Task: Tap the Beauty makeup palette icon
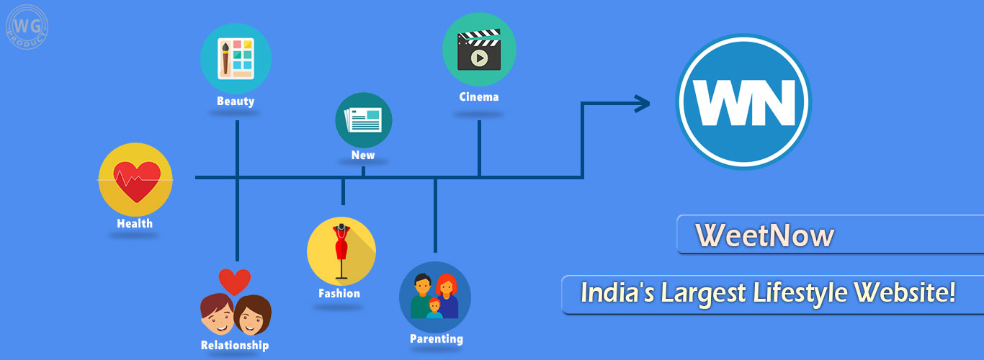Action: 236,58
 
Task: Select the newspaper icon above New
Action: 364,120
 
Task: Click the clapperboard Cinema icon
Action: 479,49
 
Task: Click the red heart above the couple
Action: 235,281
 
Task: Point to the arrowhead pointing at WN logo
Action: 641,104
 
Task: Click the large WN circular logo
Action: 743,102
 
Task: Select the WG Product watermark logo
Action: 27,27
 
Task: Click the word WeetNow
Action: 764,236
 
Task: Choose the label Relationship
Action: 235,346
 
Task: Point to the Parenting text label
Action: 437,338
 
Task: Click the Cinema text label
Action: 479,96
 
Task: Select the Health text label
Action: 135,223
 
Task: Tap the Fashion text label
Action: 339,293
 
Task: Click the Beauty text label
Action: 236,102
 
